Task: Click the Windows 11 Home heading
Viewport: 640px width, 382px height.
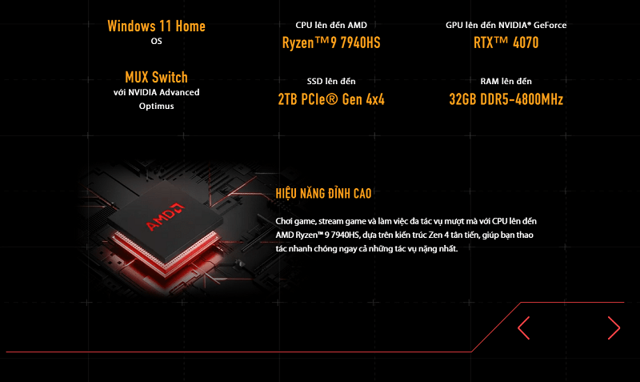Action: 156,26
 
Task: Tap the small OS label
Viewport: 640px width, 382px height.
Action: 156,41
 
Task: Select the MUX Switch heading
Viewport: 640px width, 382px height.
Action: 156,77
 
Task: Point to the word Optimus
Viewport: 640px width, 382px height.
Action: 156,106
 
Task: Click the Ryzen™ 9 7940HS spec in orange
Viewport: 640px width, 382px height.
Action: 330,42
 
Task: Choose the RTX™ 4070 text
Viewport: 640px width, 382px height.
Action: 506,42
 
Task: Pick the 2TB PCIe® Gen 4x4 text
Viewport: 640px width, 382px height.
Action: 330,99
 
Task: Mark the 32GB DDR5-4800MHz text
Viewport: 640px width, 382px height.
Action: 506,99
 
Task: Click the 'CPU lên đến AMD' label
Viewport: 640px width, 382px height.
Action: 330,25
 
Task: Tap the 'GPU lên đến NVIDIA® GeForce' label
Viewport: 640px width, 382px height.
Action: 506,25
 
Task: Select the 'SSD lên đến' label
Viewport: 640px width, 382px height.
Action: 330,82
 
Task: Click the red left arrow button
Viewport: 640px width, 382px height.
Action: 524,328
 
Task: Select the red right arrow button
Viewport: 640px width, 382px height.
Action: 614,328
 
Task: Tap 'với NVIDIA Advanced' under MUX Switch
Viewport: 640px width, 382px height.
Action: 156,92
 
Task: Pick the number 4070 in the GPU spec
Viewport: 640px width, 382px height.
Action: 522,42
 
